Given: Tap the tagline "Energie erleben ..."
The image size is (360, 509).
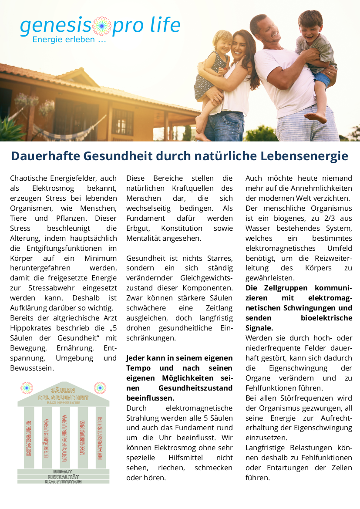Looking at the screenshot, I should point(69,40).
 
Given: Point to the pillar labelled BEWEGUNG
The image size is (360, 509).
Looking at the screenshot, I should point(29,438).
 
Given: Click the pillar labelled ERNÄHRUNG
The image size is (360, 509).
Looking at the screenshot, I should point(47,438).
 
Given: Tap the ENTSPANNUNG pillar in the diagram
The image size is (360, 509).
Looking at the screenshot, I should point(64,438).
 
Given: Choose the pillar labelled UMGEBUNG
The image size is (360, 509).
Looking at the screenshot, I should point(82,438).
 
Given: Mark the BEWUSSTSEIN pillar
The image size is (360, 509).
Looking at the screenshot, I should point(100,438).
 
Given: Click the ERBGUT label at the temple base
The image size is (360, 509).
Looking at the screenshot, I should point(63,472).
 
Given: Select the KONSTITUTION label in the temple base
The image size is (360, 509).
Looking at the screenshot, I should point(63,482).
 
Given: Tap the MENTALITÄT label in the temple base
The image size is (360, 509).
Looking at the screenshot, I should point(63,477).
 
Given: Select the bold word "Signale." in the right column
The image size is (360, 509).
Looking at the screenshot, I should point(259,328).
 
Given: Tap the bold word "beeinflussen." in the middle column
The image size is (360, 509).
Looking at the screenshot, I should point(150,398).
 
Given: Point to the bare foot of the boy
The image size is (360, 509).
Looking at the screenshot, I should point(316,117).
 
